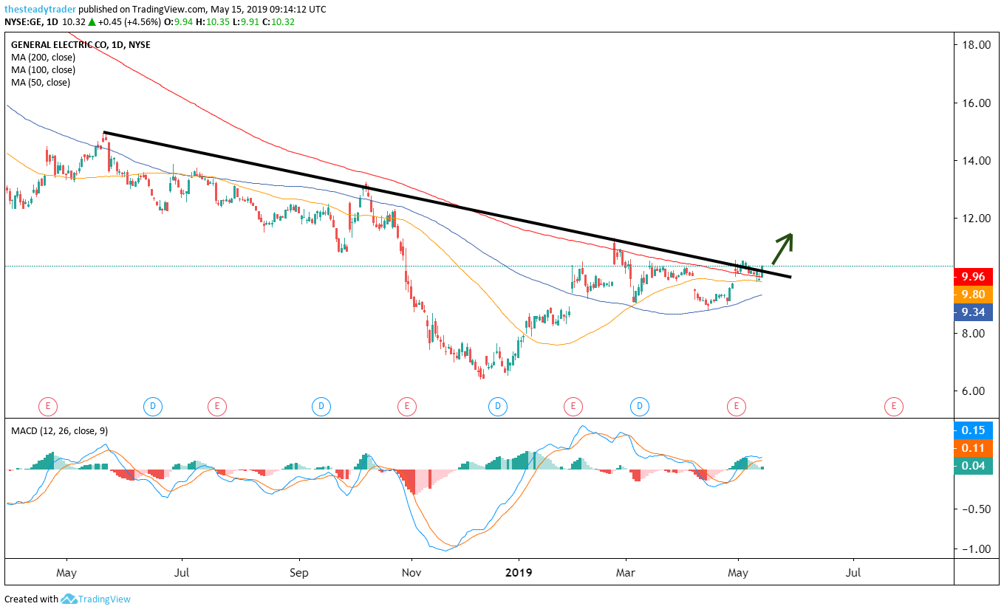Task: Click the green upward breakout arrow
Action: click(x=782, y=248)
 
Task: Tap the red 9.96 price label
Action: click(x=972, y=278)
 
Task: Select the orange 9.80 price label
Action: click(x=972, y=295)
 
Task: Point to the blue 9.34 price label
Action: click(x=972, y=312)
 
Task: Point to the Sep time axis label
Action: click(x=299, y=572)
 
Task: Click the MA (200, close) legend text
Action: click(x=43, y=58)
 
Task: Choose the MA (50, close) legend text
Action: click(x=41, y=83)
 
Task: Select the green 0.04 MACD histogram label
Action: click(x=972, y=465)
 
